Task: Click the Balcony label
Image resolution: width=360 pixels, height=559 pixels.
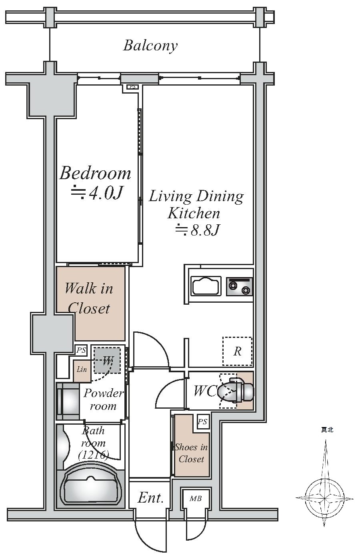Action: (x=150, y=46)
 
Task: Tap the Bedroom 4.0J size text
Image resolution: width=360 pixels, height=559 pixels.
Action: (x=97, y=193)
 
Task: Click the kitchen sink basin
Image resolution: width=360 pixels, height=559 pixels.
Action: (x=206, y=286)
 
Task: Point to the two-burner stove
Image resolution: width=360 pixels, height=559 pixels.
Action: (x=240, y=286)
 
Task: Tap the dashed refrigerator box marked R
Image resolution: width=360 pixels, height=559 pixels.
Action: (x=237, y=351)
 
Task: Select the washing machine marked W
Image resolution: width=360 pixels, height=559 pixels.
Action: (x=107, y=360)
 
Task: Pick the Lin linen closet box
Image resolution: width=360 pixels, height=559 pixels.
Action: (x=82, y=371)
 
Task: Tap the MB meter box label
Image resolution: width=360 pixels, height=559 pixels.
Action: (x=196, y=499)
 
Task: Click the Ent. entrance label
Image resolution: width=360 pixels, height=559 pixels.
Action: (x=150, y=497)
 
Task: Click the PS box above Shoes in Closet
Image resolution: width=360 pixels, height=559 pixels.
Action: (x=203, y=422)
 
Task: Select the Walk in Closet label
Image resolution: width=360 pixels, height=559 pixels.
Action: (x=89, y=298)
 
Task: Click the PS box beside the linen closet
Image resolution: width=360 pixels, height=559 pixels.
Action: (x=81, y=350)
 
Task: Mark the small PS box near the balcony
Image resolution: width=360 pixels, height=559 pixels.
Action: (x=132, y=87)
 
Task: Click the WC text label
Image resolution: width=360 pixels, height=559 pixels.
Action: (x=205, y=391)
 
